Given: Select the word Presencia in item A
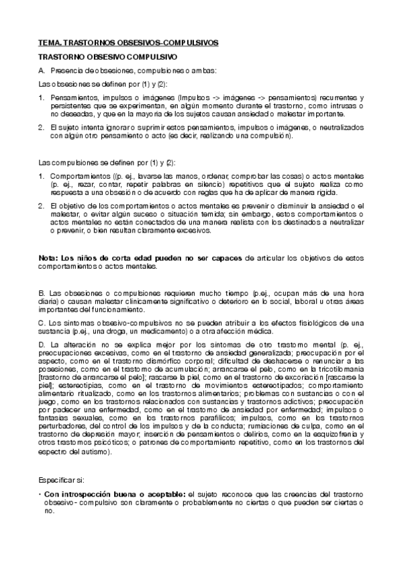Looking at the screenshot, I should (x=66, y=70).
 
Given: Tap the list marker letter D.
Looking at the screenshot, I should (x=41, y=343).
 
